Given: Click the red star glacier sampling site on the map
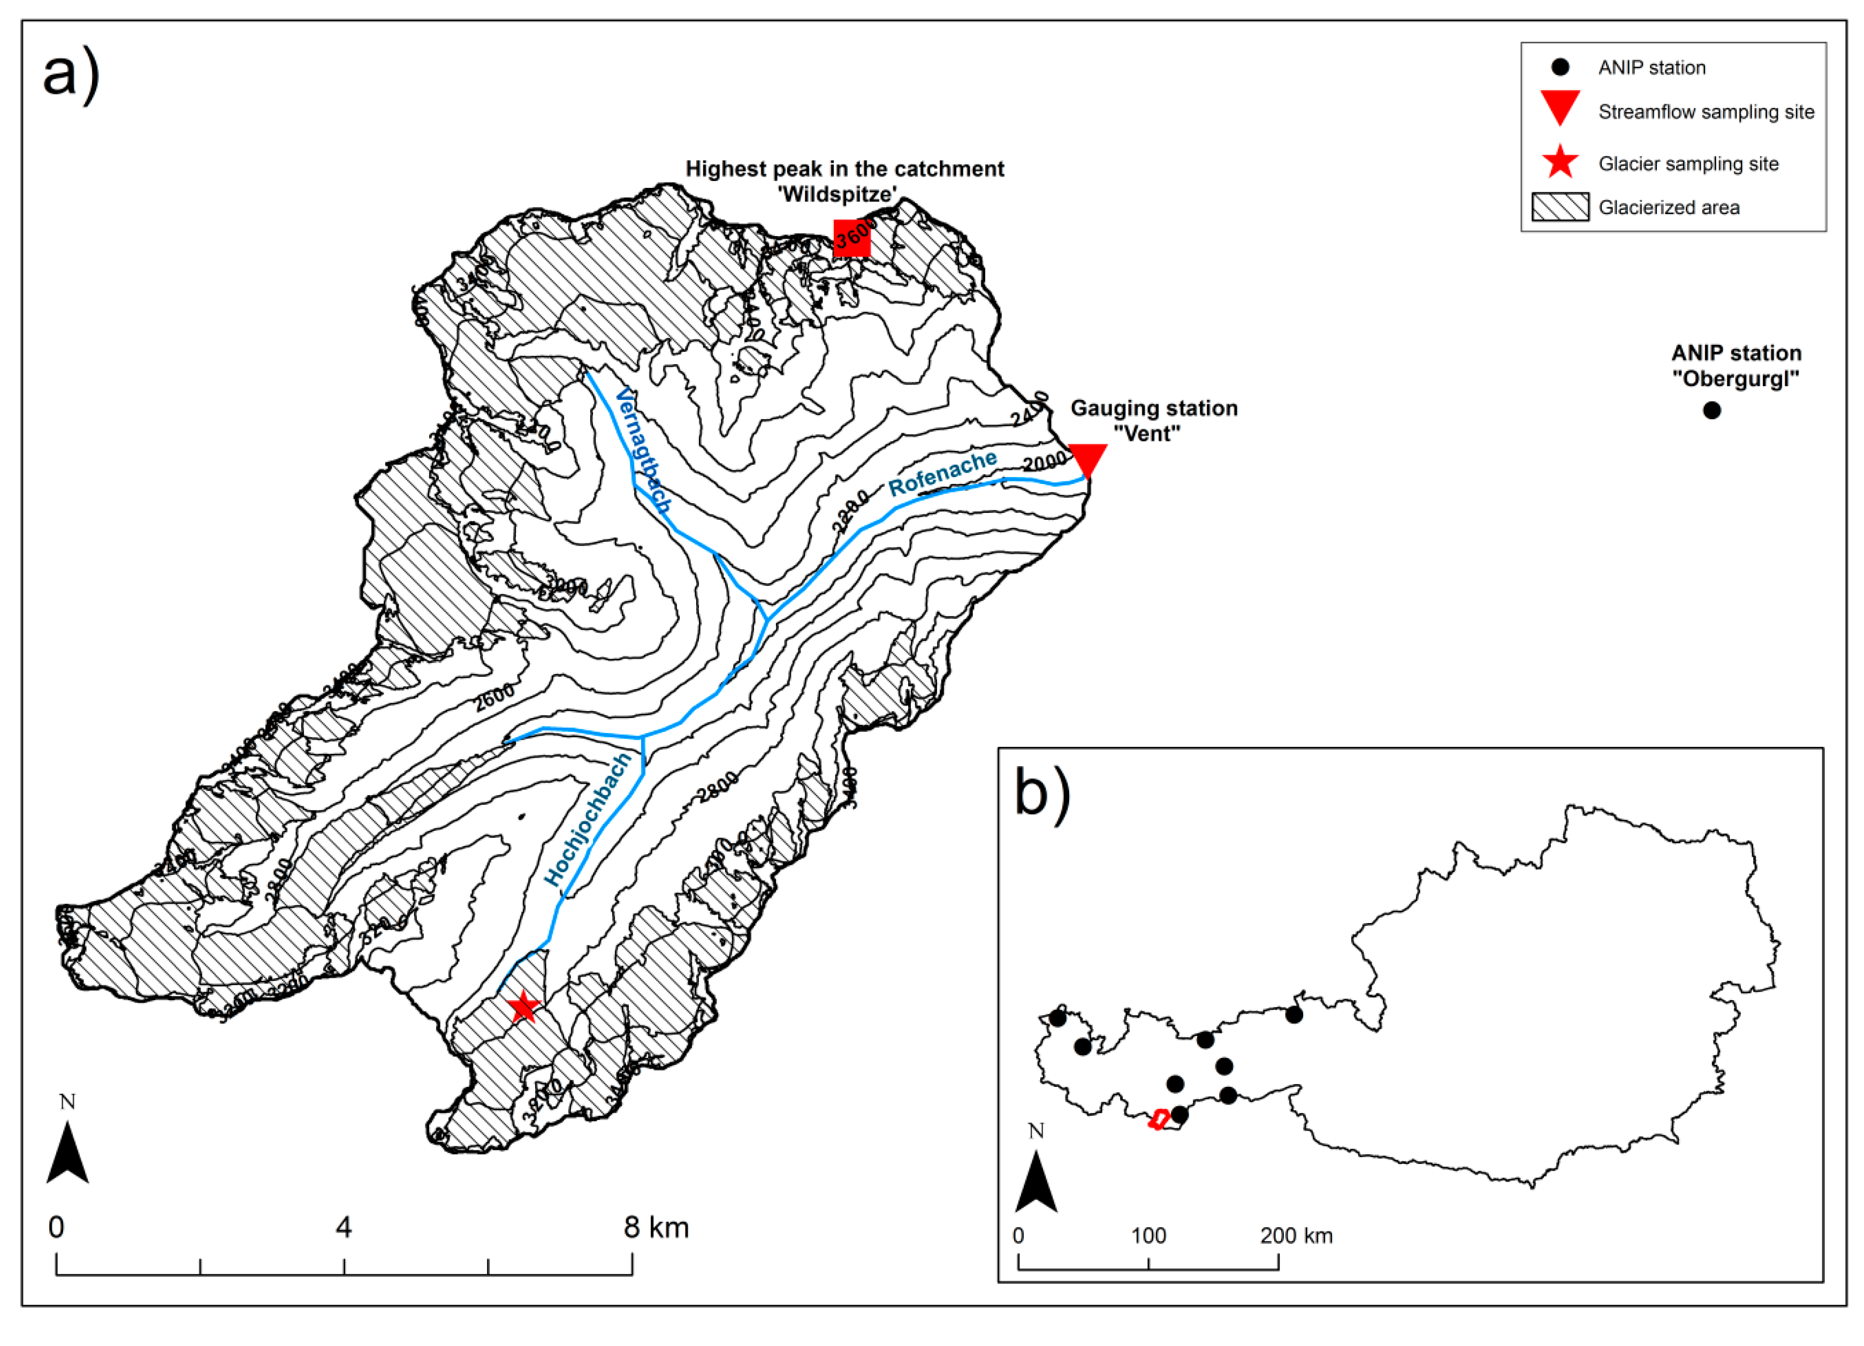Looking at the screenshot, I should (523, 1007).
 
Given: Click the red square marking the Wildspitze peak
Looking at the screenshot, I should (851, 238).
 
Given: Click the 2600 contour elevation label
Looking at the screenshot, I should (494, 697).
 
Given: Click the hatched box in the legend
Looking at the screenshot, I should (1559, 207).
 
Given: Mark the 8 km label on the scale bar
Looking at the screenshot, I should (656, 1228).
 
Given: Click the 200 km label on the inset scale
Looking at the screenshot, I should (1296, 1236).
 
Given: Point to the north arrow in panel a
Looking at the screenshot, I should (67, 1151).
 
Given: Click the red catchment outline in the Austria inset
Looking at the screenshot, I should (1159, 1119).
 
